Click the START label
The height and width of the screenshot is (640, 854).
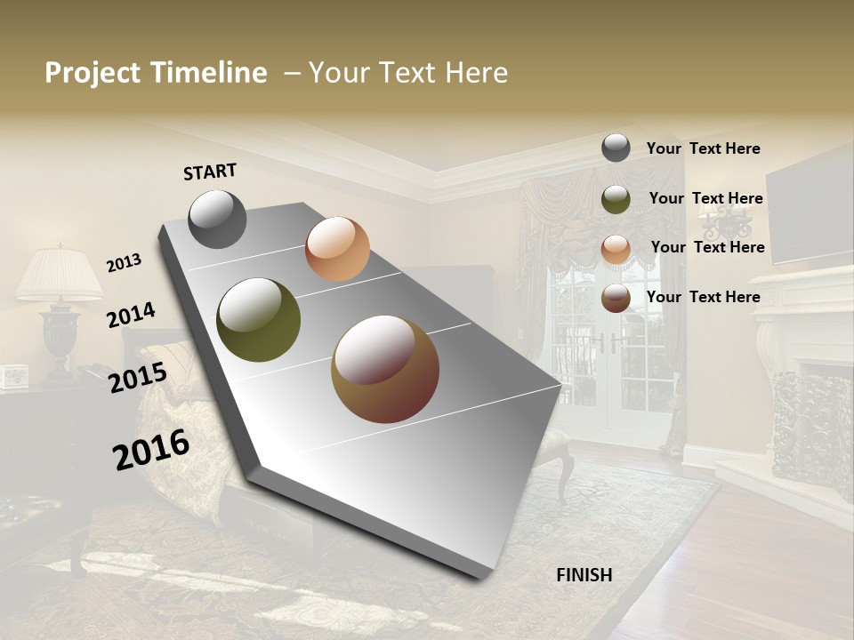tap(210, 172)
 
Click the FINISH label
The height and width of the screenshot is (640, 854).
tap(584, 575)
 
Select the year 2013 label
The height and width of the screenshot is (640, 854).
tap(125, 262)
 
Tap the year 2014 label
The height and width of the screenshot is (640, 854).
tap(131, 315)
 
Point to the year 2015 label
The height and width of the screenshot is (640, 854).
tap(138, 377)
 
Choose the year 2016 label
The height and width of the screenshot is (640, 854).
tap(151, 449)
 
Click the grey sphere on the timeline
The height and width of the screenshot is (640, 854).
tap(218, 219)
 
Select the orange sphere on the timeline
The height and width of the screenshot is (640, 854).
tap(337, 249)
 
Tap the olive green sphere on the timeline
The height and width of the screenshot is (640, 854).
tap(259, 320)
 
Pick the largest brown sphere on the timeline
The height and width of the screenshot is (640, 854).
tap(385, 369)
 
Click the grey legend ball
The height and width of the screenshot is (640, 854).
tap(616, 148)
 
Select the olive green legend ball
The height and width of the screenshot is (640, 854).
tap(616, 199)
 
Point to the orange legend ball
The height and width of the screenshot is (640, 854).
tap(616, 248)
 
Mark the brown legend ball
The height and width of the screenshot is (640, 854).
tap(616, 298)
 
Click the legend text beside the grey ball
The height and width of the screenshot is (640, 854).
tap(703, 148)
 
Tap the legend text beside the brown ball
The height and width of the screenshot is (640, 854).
tap(703, 297)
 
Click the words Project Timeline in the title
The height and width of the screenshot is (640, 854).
tap(156, 73)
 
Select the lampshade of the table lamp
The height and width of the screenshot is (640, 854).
tap(60, 275)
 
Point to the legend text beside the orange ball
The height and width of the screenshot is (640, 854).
tap(707, 247)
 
